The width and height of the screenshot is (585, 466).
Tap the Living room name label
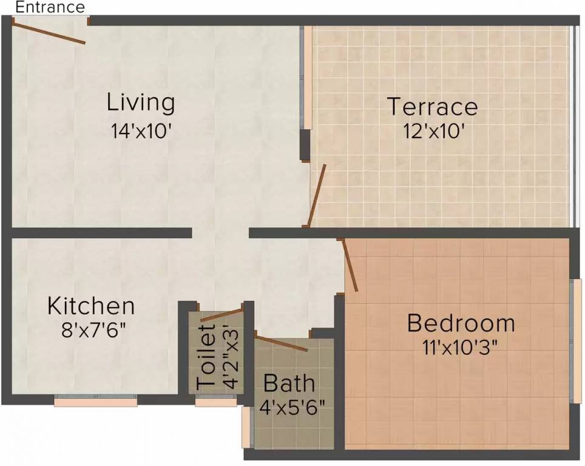[x=141, y=102]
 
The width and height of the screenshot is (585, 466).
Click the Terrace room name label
[x=433, y=107]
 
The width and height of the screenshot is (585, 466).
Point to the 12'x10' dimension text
[x=433, y=130]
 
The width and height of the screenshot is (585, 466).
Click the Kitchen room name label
[x=91, y=305]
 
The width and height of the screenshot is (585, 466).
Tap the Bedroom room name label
[x=461, y=323]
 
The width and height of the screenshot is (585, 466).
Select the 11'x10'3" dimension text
[x=461, y=348]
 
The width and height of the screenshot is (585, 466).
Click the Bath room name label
[x=289, y=383]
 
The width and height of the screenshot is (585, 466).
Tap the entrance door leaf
[x=49, y=33]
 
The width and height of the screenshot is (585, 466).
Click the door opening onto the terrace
[x=317, y=195]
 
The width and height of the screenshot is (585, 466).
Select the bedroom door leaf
[x=350, y=265]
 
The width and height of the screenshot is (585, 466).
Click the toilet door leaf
[x=221, y=314]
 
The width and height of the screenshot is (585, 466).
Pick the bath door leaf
[x=281, y=342]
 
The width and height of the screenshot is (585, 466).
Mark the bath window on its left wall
[x=245, y=427]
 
